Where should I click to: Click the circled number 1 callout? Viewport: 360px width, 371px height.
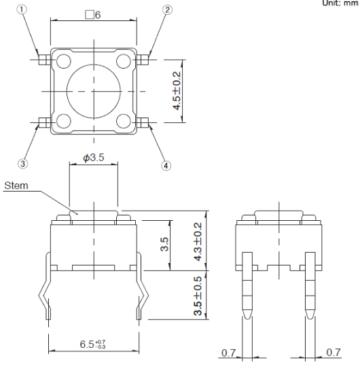[x=22, y=10]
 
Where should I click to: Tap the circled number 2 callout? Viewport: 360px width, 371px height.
[x=168, y=10]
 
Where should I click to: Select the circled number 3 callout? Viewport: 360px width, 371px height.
[x=22, y=164]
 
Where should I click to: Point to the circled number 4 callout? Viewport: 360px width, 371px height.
[x=166, y=165]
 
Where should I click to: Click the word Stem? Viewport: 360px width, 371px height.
[x=16, y=185]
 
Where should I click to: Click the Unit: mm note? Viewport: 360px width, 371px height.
[x=340, y=3]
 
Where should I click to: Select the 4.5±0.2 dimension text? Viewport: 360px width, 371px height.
[x=177, y=91]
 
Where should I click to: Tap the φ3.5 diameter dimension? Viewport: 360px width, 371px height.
[x=94, y=158]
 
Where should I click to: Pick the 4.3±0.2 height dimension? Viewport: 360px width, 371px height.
[x=198, y=241]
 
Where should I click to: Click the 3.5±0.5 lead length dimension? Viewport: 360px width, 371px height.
[x=198, y=296]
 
